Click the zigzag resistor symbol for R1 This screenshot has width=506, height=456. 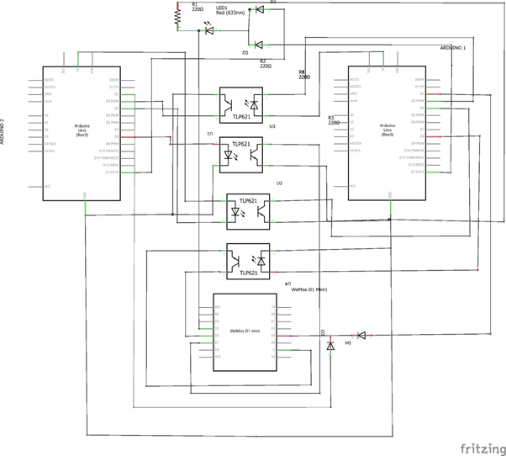[x=177, y=16]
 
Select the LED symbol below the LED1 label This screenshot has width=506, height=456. [x=209, y=31]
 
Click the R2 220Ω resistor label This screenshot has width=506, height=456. [x=265, y=63]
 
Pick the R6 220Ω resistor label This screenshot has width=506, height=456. [x=303, y=74]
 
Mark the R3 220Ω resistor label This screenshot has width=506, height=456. [x=333, y=120]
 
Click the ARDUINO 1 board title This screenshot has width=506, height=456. [x=453, y=49]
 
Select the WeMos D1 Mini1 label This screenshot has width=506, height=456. [x=308, y=290]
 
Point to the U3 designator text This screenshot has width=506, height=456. [x=272, y=127]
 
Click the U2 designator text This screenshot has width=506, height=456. [x=279, y=183]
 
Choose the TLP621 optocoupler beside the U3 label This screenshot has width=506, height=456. [x=246, y=104]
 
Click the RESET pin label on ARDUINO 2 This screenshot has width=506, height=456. [x=49, y=80]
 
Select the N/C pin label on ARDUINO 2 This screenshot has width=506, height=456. [x=47, y=186]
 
